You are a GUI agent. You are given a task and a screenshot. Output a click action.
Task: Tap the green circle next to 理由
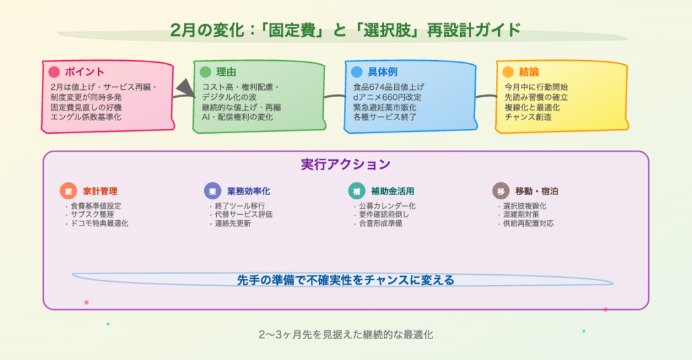(205, 72)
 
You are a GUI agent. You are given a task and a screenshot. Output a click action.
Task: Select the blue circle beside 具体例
(357, 72)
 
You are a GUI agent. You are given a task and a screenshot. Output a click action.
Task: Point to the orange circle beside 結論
(508, 72)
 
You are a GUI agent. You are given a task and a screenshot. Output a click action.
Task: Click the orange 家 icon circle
(68, 191)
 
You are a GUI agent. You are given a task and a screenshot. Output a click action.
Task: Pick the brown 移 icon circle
(501, 191)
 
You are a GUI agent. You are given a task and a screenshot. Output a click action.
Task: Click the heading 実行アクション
(345, 165)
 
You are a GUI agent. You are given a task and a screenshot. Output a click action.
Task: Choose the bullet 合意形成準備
(380, 224)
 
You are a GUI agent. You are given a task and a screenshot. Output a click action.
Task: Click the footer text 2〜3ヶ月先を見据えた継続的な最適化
(345, 335)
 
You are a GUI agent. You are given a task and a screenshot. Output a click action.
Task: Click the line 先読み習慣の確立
(536, 97)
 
